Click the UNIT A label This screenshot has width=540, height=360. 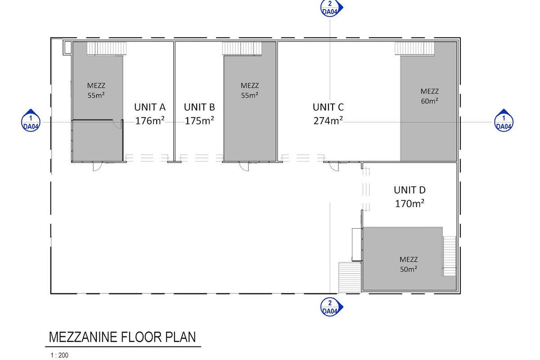(150, 107)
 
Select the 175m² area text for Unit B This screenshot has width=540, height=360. (199, 121)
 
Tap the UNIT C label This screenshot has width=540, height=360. (328, 107)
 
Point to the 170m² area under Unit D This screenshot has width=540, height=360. (409, 203)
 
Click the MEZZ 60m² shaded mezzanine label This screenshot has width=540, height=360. (429, 96)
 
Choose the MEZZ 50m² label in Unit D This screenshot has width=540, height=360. (408, 264)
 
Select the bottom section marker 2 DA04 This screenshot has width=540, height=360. (331, 307)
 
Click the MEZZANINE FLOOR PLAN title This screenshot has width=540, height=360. (122, 337)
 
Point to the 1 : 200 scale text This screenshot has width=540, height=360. (59, 355)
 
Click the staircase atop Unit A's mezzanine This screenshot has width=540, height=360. (107, 48)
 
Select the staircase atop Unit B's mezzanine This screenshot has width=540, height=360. (242, 48)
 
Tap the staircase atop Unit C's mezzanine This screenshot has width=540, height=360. (415, 48)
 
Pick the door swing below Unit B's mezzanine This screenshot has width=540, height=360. (243, 166)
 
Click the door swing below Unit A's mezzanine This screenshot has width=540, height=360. (97, 166)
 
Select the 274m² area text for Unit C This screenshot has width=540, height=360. (328, 121)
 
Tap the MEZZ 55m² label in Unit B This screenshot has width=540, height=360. (249, 90)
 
